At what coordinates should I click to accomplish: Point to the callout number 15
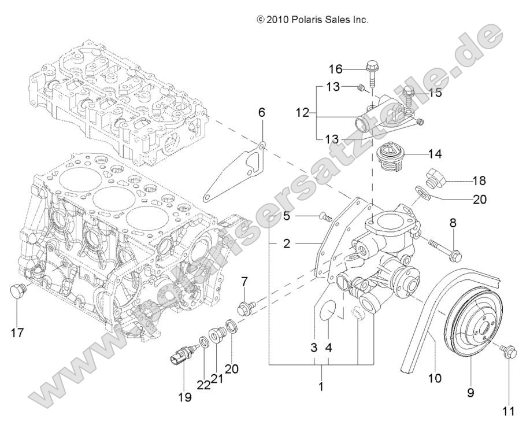[x=434, y=92]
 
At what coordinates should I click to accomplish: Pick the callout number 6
[x=261, y=113]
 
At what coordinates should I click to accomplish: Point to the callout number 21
[x=217, y=379]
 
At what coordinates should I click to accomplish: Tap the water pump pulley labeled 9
[x=474, y=324]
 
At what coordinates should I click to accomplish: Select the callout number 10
[x=435, y=379]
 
